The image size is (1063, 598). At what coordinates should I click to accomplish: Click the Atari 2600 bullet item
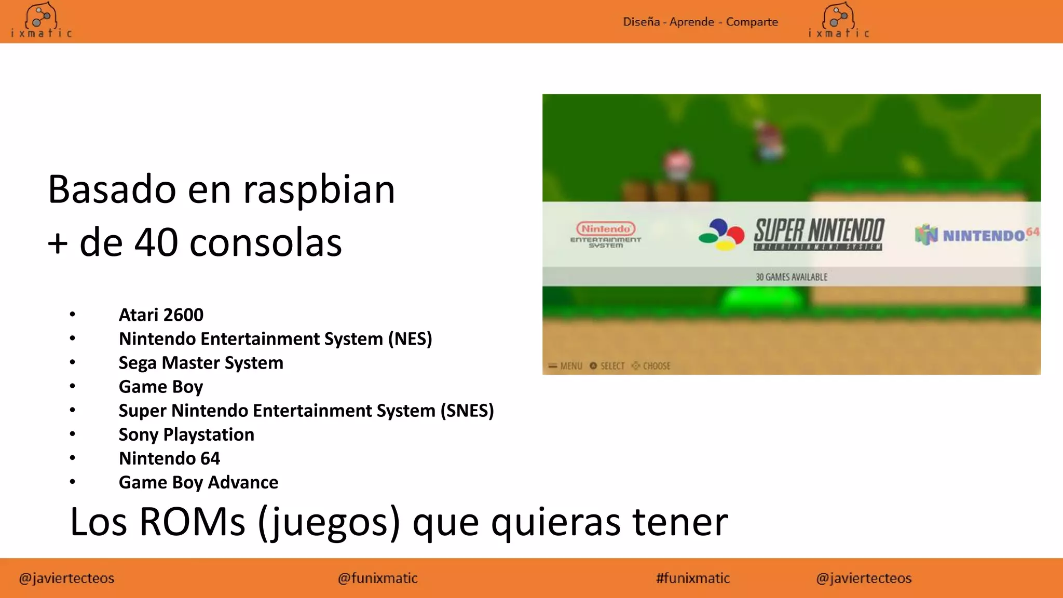click(x=161, y=315)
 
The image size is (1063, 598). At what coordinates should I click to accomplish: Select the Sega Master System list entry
click(x=201, y=363)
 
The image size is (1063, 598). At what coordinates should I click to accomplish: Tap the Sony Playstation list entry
click(x=186, y=434)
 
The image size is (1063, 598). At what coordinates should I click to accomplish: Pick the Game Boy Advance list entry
click(x=198, y=482)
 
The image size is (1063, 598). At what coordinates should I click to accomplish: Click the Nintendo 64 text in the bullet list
click(x=169, y=458)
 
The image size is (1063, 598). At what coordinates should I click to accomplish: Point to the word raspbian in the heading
click(x=319, y=190)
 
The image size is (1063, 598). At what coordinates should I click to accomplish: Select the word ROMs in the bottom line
click(x=192, y=522)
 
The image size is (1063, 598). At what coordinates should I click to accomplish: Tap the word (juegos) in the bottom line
click(x=329, y=522)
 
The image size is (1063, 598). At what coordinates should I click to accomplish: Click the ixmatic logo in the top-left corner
click(x=41, y=21)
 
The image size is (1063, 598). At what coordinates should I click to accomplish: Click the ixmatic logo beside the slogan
click(x=838, y=21)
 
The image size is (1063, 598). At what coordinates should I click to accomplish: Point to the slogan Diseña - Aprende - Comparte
click(x=700, y=22)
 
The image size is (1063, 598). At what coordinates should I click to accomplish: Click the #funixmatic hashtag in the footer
click(x=693, y=578)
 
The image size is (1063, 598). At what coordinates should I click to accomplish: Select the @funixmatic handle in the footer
click(x=377, y=578)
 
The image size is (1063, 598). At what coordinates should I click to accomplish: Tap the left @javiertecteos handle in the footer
click(x=66, y=578)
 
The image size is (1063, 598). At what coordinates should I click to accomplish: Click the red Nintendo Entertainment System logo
click(x=606, y=235)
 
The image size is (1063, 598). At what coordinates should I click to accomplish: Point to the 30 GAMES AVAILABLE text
click(x=792, y=277)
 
